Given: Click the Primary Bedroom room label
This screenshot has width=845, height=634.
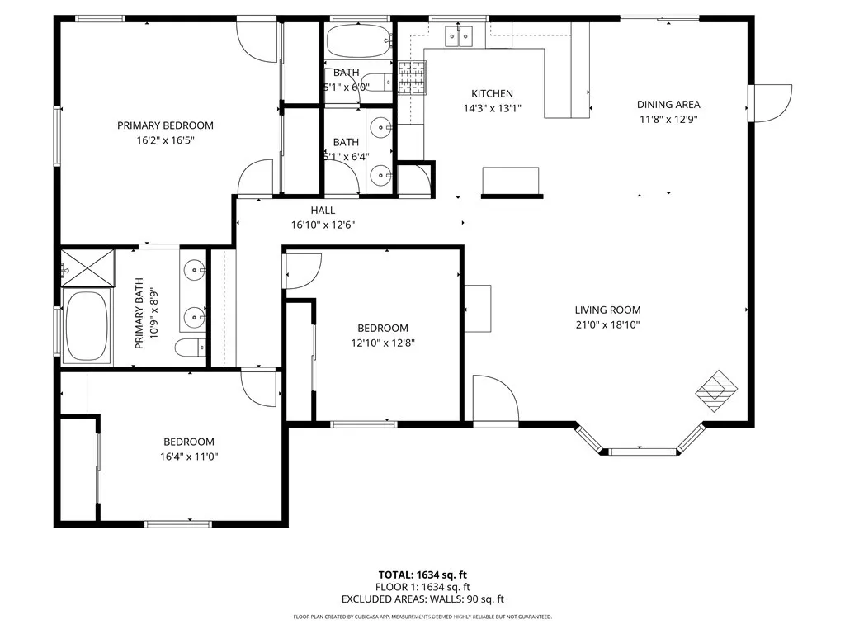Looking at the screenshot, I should (165, 125).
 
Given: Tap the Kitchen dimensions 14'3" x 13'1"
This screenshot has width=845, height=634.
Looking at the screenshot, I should (492, 108).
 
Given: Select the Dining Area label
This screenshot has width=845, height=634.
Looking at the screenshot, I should (668, 104).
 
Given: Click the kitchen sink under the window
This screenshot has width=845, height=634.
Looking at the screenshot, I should (459, 35).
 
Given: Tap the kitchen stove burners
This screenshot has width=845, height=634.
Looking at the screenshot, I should (410, 77).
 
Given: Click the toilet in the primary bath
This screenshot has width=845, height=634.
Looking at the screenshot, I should (190, 348).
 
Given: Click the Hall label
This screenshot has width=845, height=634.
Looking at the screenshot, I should (323, 211).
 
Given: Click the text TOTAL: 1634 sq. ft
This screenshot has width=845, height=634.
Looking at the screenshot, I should (422, 575).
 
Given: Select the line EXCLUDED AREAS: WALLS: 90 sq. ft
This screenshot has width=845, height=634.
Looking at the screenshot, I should (422, 599).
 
